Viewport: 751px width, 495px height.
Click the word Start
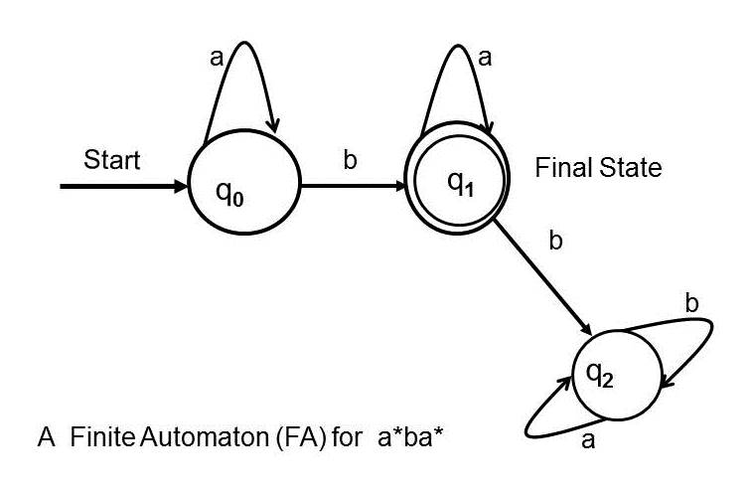(112, 159)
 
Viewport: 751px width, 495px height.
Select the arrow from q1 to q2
(542, 277)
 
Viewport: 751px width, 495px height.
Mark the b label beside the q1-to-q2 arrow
(555, 242)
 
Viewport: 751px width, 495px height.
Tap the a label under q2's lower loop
(588, 440)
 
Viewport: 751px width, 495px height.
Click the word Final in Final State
(558, 168)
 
